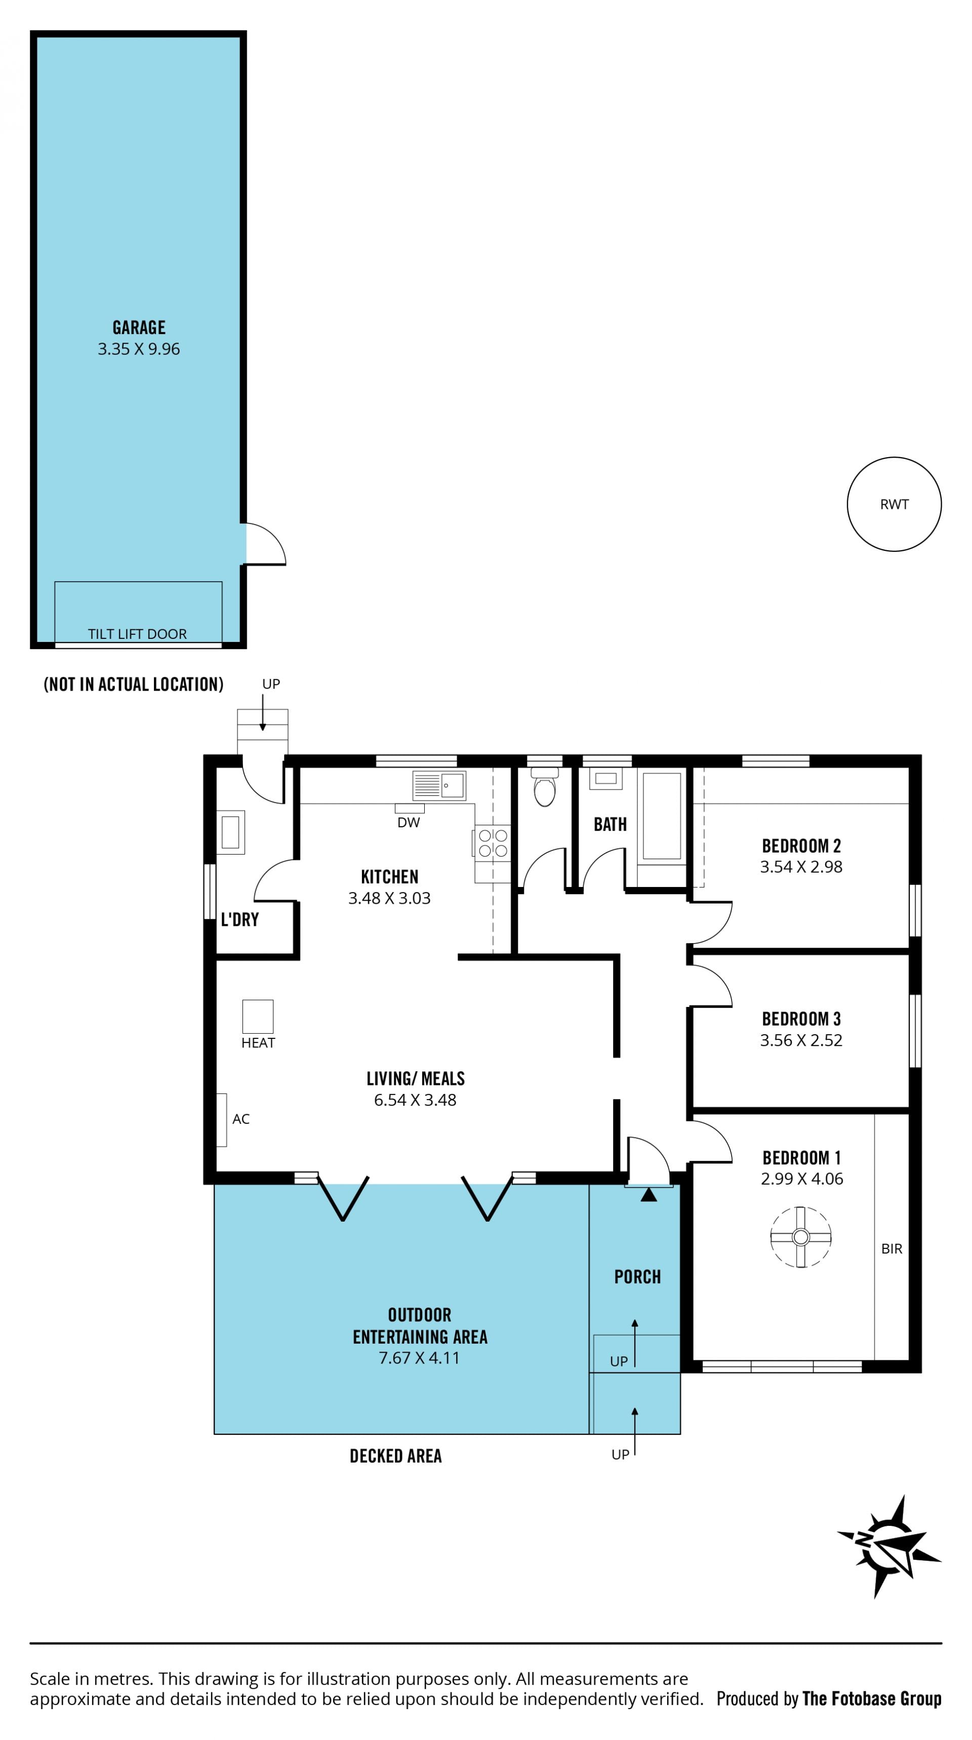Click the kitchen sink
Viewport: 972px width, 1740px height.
[x=439, y=786]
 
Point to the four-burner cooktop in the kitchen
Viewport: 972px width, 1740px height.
[x=493, y=843]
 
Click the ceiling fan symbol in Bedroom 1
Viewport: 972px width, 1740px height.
[x=800, y=1237]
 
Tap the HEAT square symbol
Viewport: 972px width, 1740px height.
[x=258, y=1017]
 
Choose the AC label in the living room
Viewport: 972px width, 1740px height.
[x=241, y=1119]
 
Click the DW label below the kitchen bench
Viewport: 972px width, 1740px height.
[x=409, y=823]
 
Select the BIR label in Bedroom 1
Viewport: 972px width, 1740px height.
[x=892, y=1249]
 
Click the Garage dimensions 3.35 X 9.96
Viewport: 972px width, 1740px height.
[x=139, y=349]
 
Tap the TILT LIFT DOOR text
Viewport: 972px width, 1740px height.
[x=138, y=634]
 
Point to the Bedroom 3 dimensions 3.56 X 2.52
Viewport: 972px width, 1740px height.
[x=801, y=1040]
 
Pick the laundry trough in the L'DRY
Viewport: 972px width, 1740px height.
[x=230, y=832]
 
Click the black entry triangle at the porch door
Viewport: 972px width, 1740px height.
[x=649, y=1195]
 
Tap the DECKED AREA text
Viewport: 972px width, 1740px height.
[x=396, y=1456]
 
